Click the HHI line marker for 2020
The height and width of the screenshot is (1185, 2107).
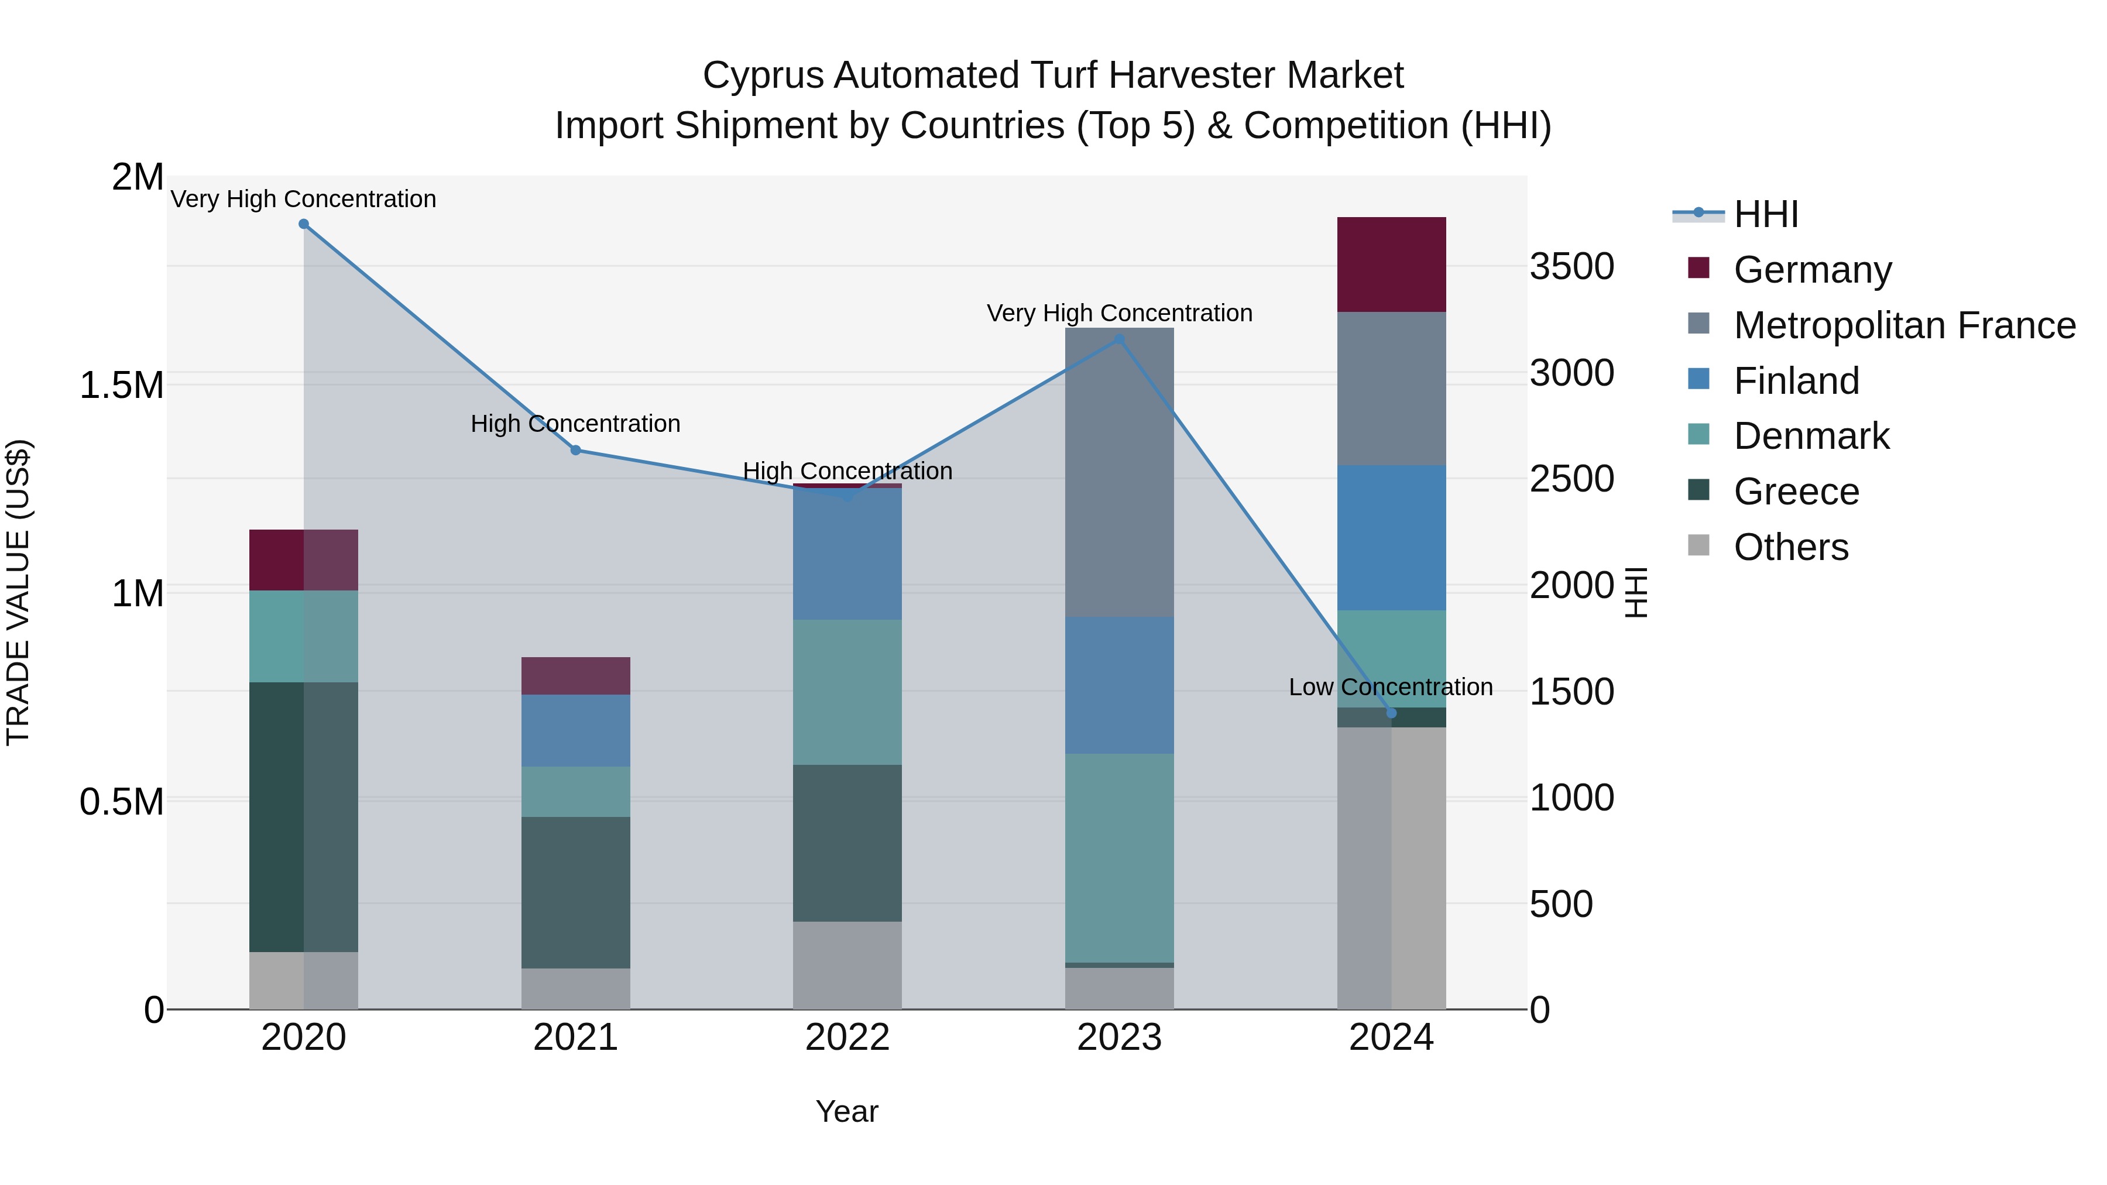[303, 224]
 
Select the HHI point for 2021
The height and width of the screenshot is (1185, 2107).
[576, 451]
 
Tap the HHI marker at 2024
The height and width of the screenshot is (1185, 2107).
[1391, 713]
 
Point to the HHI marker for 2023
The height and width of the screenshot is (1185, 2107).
[1120, 339]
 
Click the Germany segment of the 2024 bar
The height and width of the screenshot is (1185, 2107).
[1391, 264]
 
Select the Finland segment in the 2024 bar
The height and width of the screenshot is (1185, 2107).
[1391, 537]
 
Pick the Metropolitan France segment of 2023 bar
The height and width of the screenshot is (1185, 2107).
[1120, 472]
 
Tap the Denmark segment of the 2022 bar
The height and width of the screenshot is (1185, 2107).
[847, 692]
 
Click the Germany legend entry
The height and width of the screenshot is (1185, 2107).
[1811, 270]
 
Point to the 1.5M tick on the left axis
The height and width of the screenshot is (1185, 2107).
[122, 385]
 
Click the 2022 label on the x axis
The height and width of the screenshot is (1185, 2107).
[847, 1038]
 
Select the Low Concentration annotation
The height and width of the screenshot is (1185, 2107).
[1391, 687]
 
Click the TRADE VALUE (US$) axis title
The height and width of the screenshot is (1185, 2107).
[18, 592]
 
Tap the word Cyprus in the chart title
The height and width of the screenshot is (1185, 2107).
[762, 75]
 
